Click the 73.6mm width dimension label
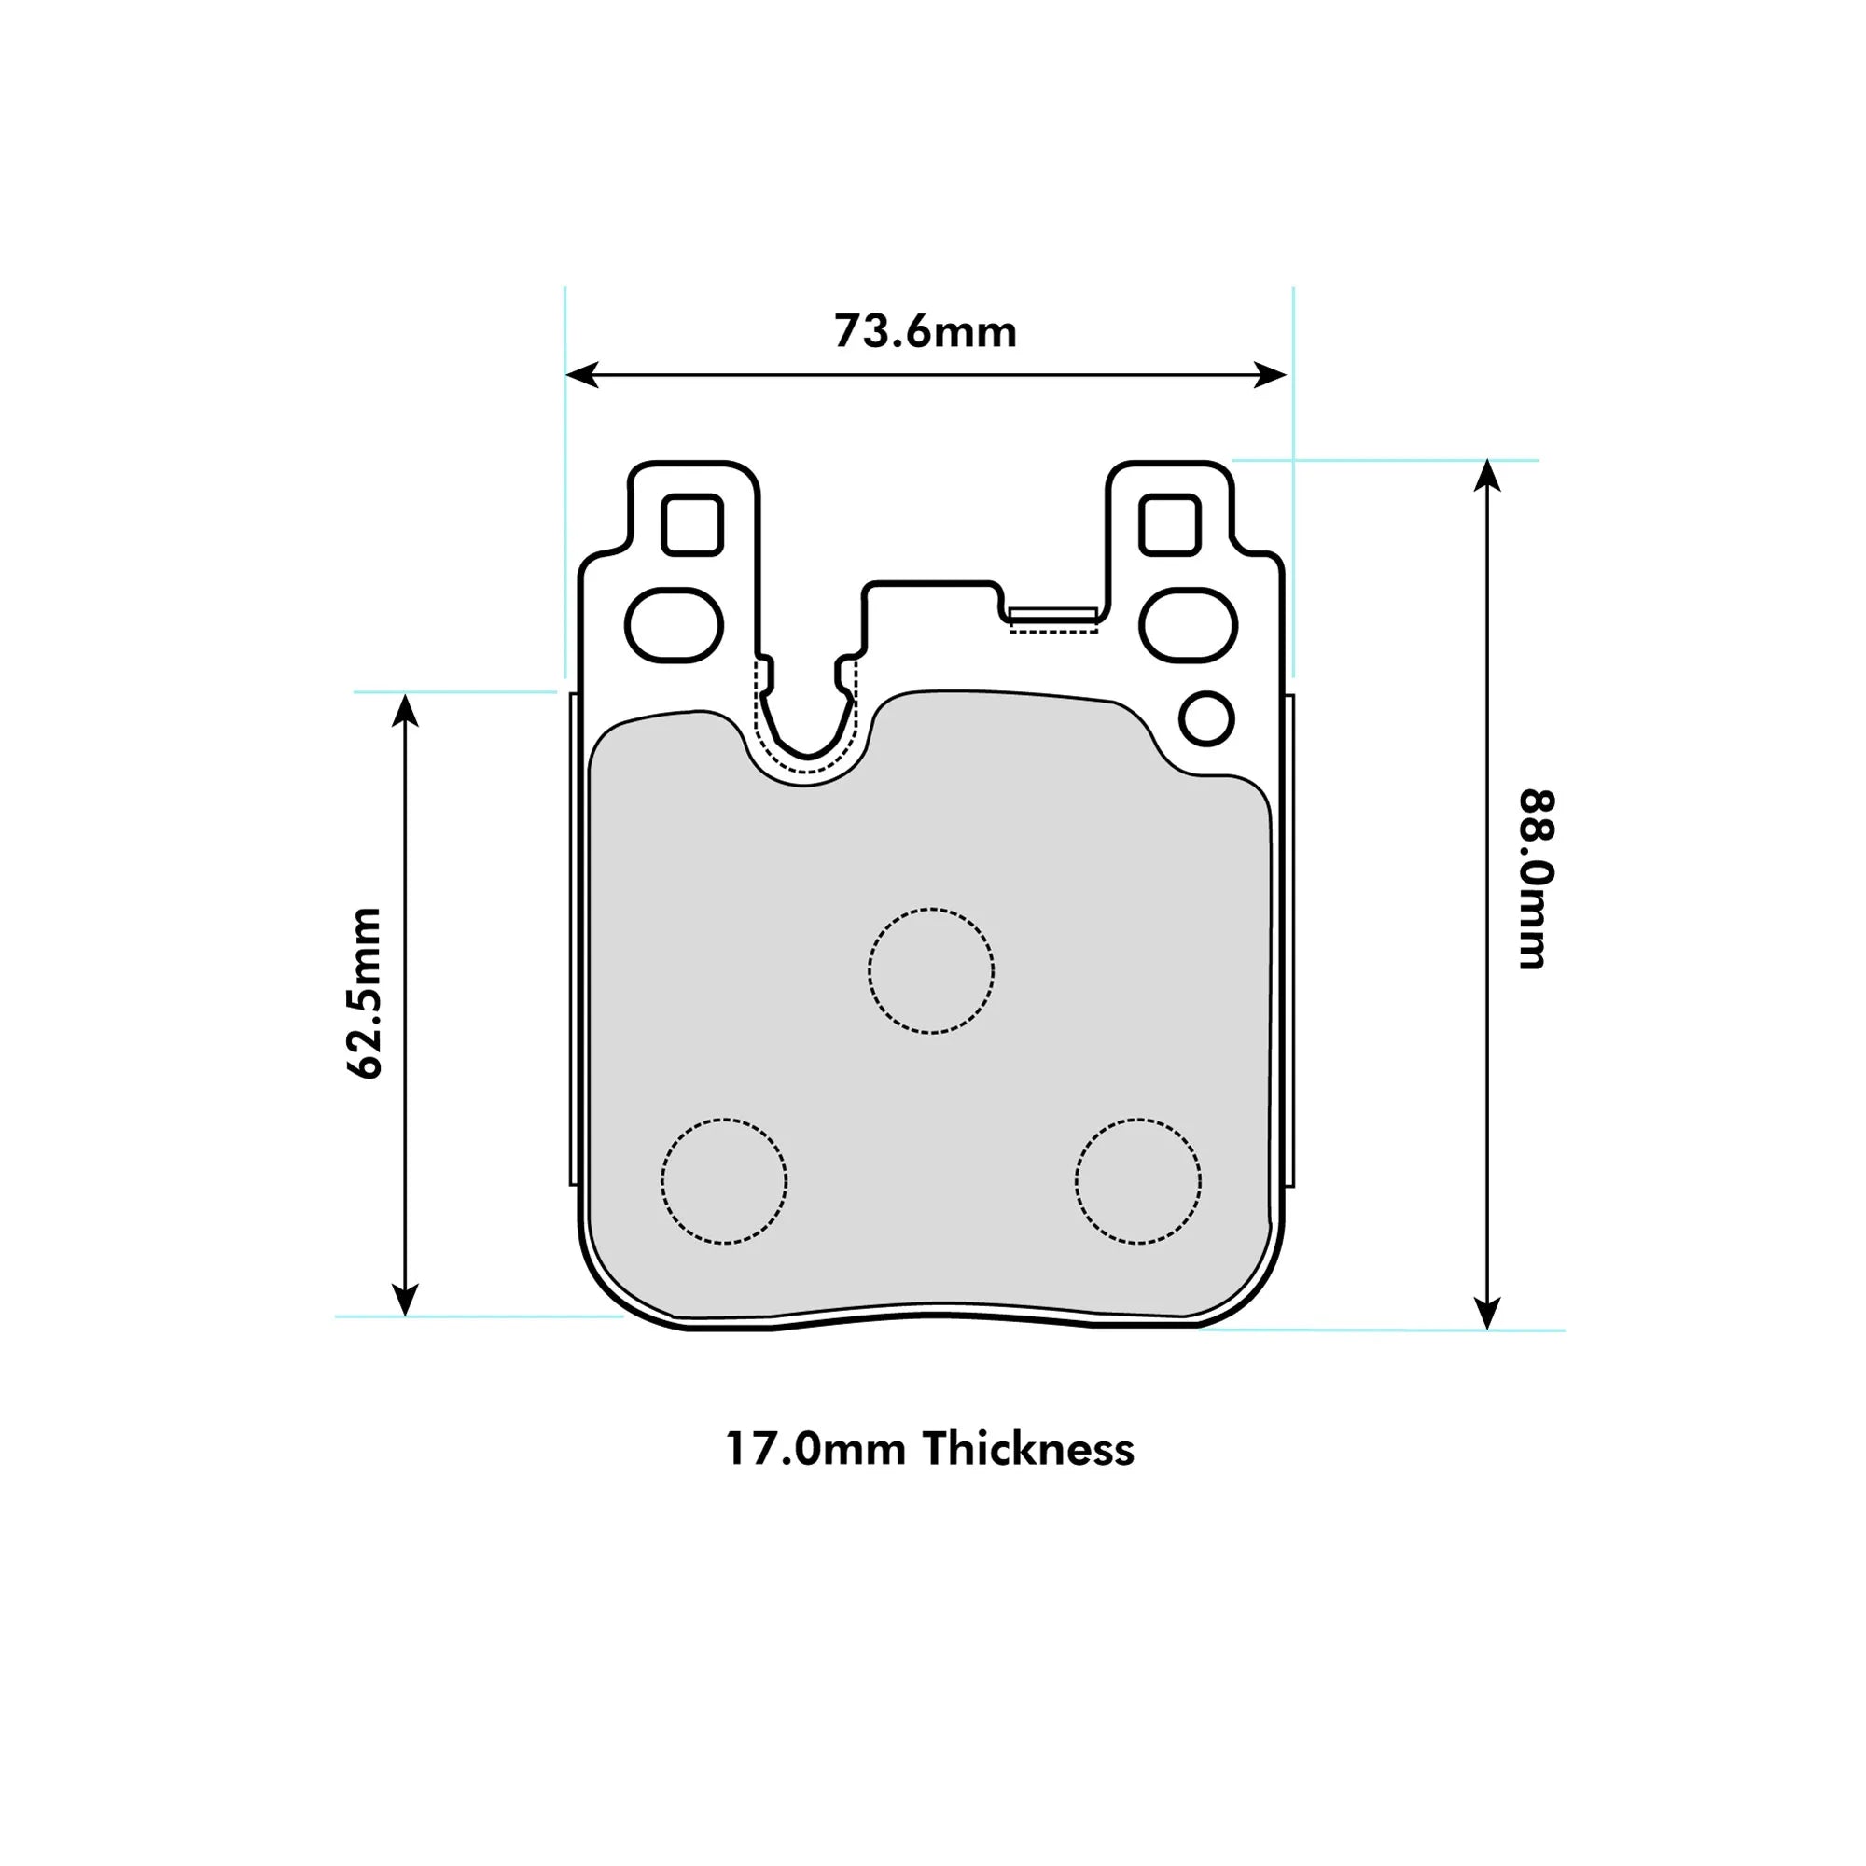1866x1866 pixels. pos(926,332)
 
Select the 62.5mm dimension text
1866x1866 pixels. pos(365,993)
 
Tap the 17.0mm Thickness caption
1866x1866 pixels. pos(930,1450)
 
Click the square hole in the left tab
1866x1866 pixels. pos(692,524)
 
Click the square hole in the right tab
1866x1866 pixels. pos(1170,524)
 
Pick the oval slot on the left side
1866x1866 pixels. pos(675,625)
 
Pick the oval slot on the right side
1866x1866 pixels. pos(1188,625)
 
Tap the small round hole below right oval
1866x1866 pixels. pos(1206,718)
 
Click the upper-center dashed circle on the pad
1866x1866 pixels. pos(931,970)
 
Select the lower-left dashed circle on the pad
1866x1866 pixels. pos(724,1181)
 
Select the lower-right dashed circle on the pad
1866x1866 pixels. pos(1138,1181)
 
